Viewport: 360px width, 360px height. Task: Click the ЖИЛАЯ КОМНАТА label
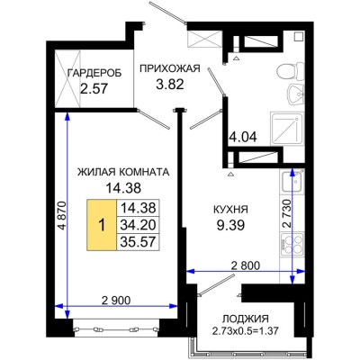(x=125, y=171)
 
